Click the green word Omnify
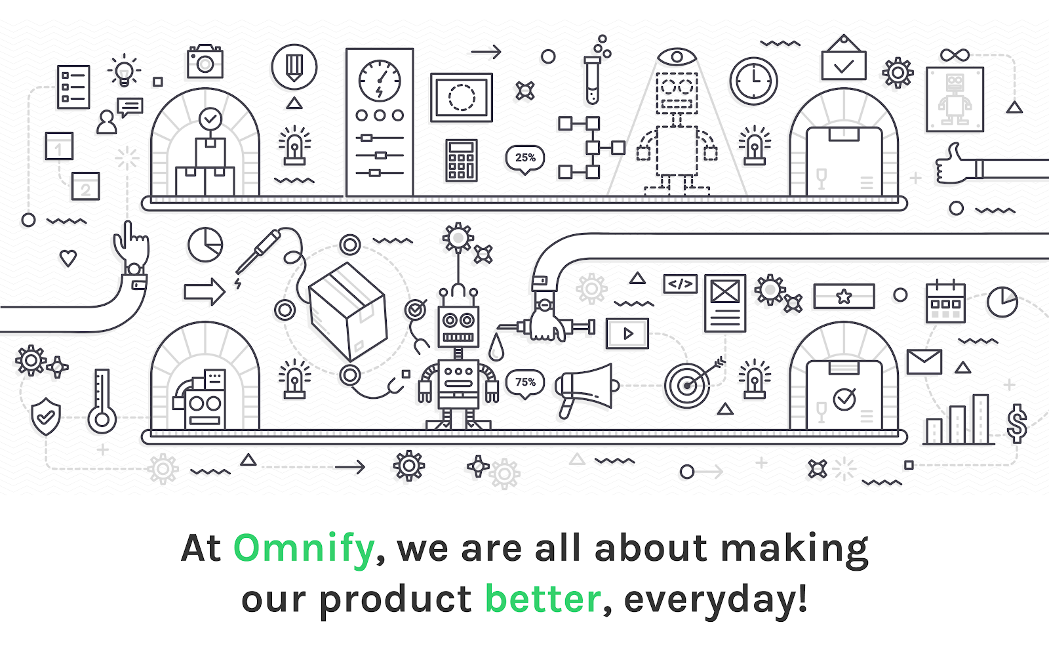coord(304,548)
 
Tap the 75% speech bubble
coord(525,384)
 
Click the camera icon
coord(205,62)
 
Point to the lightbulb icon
coord(124,71)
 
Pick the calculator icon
coord(462,160)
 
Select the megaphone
coord(586,390)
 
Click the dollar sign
coord(1017,424)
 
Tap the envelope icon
coord(924,361)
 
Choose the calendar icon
coord(945,302)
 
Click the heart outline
coord(68,258)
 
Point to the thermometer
coord(102,401)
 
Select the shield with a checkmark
coord(45,416)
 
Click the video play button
coord(627,333)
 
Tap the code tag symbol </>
coord(680,284)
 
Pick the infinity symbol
coord(955,55)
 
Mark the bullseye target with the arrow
coord(688,385)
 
